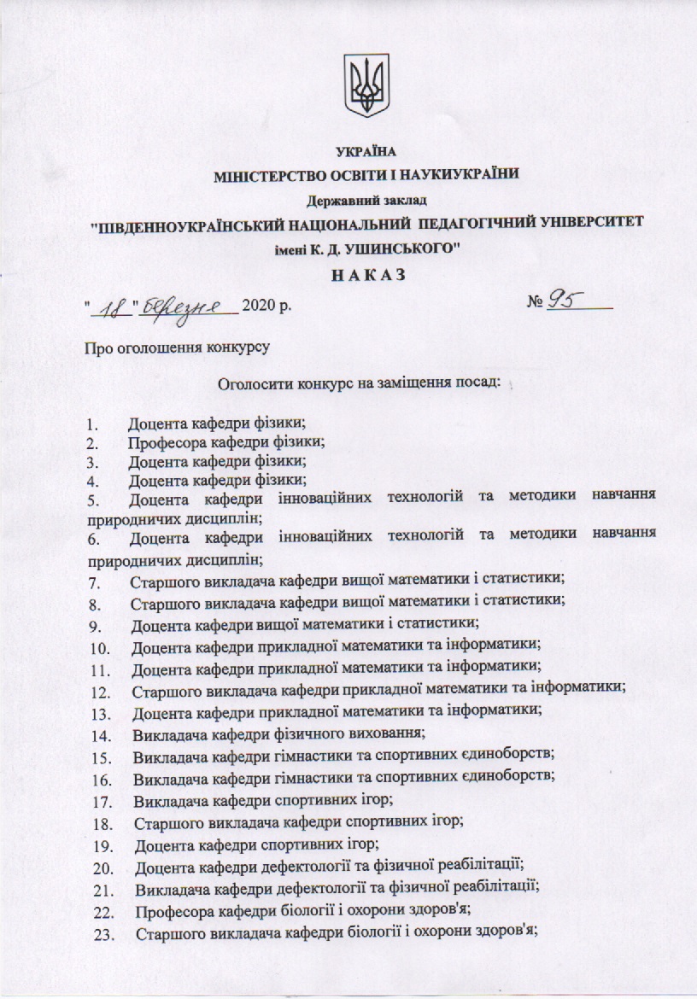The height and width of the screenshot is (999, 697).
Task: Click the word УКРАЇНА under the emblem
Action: point(366,153)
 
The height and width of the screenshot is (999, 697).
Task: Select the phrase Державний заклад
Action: point(366,202)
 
